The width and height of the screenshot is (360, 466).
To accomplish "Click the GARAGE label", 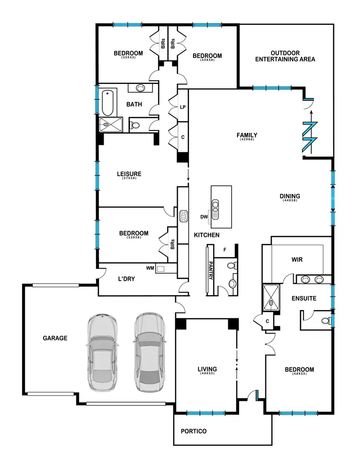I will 54,338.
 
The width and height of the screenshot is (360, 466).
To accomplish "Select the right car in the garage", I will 149,352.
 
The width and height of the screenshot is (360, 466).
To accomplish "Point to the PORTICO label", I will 194,431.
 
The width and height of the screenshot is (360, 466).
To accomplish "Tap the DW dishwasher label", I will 204,217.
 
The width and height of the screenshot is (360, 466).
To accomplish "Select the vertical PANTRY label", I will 210,271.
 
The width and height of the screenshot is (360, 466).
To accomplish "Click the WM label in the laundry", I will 150,269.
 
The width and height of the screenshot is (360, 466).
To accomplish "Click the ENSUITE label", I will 304,298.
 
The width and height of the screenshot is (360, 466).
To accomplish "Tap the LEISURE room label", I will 128,174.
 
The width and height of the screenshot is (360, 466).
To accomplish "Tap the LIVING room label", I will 207,369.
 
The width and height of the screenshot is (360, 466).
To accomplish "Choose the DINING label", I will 290,196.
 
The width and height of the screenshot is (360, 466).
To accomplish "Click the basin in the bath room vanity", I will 141,88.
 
